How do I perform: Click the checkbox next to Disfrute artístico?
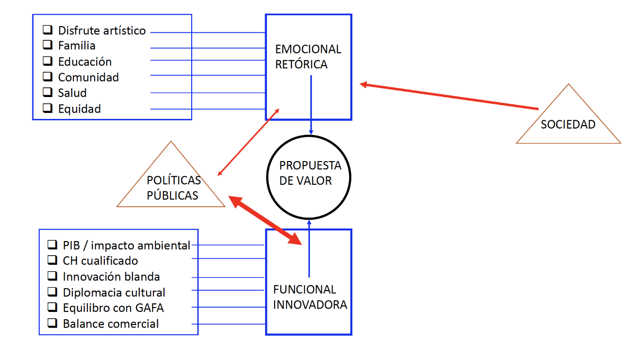click(x=48, y=30)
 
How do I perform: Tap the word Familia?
click(x=77, y=46)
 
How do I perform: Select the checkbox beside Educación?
click(x=48, y=61)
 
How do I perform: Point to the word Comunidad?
click(x=88, y=77)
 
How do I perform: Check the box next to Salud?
click(x=48, y=92)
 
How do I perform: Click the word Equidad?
click(x=79, y=109)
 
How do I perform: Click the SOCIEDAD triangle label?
click(x=568, y=124)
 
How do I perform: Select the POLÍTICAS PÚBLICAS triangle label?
click(x=173, y=188)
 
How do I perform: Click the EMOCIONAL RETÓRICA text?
click(x=308, y=57)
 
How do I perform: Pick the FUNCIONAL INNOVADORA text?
click(x=310, y=297)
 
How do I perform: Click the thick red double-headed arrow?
click(x=265, y=220)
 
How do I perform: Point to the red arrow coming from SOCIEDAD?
click(x=449, y=96)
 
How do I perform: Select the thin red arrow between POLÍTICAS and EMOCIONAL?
click(x=249, y=142)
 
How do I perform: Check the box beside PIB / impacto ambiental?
click(x=52, y=245)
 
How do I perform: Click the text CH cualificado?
click(x=100, y=261)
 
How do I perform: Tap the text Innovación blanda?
click(x=111, y=277)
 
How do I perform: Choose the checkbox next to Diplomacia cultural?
click(x=52, y=292)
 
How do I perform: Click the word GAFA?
click(x=149, y=308)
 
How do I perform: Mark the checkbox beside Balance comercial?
click(x=52, y=323)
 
